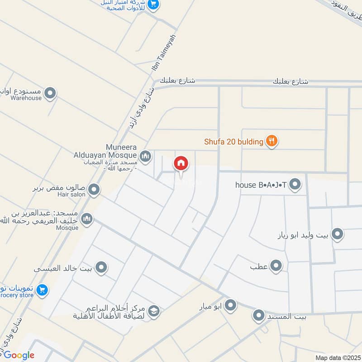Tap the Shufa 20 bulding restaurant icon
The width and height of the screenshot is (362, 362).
pos(271,141)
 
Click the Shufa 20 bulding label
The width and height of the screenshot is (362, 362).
pos(233,142)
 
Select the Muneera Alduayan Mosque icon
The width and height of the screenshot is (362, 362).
pos(145,157)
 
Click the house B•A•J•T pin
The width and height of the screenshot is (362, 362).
pos(295,184)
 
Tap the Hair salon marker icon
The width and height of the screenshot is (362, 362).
pos(94,190)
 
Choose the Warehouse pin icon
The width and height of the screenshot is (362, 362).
pos(50,94)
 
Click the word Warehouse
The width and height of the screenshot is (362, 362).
pos(26,98)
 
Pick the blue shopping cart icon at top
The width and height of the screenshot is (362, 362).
pos(153,5)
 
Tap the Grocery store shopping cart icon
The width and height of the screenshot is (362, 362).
pos(42,290)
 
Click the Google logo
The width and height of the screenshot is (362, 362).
pos(18,355)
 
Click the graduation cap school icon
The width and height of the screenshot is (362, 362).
pos(153,311)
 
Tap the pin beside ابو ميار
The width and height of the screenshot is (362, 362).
pos(231,305)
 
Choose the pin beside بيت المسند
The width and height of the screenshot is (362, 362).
pos(258,315)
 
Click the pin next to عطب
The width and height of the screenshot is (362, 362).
pos(276,266)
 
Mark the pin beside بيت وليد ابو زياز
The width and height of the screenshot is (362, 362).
pos(337,234)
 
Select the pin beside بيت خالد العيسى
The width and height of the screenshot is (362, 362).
pos(101,267)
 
